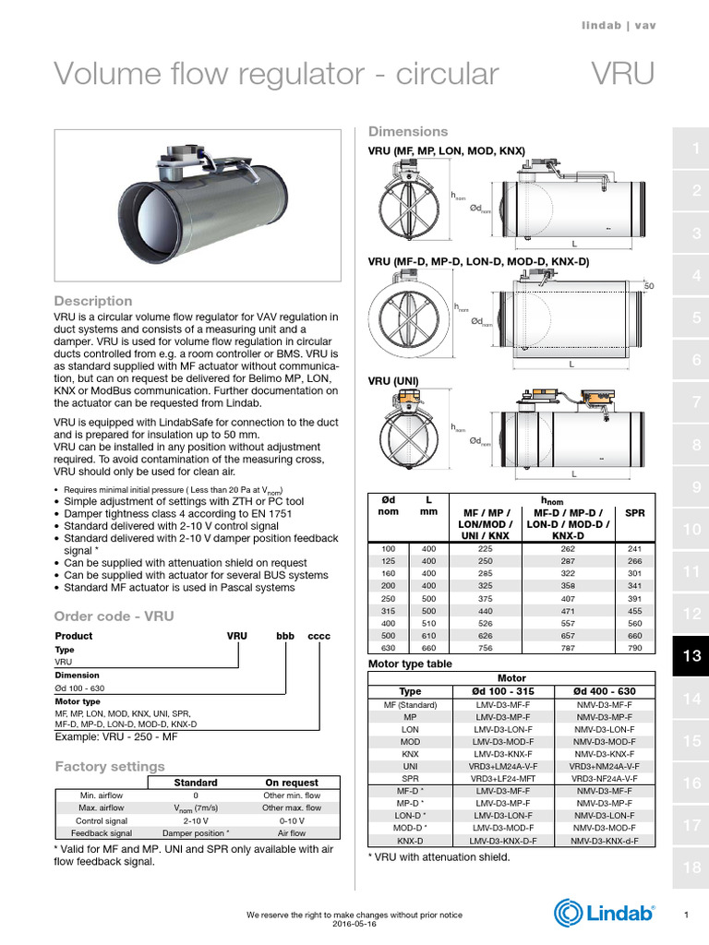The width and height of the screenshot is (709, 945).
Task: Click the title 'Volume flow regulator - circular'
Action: tap(276, 74)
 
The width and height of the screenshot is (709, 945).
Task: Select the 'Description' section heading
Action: tap(93, 301)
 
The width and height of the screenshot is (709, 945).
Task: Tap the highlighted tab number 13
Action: tap(691, 656)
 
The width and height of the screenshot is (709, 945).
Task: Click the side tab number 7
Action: tap(691, 402)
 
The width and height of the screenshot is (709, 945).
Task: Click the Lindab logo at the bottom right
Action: tap(605, 913)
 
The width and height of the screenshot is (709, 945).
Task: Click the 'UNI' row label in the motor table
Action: tap(410, 766)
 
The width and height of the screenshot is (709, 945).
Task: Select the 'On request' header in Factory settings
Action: tap(292, 783)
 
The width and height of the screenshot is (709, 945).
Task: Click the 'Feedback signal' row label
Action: tap(102, 832)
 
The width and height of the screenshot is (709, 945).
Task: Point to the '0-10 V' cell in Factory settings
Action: tap(292, 819)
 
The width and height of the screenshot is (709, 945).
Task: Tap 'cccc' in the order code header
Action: tap(318, 637)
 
